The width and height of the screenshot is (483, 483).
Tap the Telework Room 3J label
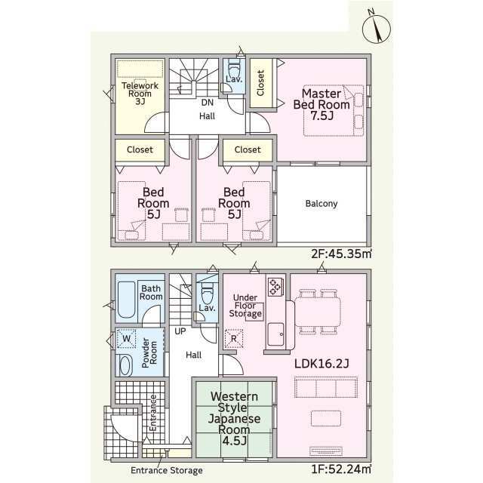point(140,94)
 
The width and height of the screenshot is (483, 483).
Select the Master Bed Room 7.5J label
point(321,104)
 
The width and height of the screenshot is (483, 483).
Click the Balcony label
point(321,203)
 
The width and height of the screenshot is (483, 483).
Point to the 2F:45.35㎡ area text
point(341,254)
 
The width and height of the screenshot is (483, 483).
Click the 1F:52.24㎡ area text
point(341,469)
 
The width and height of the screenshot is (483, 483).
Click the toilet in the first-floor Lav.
point(207,294)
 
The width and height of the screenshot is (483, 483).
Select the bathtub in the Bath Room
point(126,300)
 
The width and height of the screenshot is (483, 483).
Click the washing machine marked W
point(126,339)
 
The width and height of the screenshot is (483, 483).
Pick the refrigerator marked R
point(234,339)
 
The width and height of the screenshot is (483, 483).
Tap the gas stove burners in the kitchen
point(275,287)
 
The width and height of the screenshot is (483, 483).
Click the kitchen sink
point(275,334)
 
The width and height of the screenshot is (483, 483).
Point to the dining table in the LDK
point(318,312)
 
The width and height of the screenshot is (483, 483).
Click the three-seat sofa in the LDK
point(326,388)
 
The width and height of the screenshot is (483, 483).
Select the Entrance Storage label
point(167,470)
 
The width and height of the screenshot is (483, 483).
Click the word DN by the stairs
point(208,103)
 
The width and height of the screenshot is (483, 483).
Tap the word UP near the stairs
point(180,331)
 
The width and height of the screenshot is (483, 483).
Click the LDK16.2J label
point(321,364)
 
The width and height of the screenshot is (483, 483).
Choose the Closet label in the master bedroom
point(260,83)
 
